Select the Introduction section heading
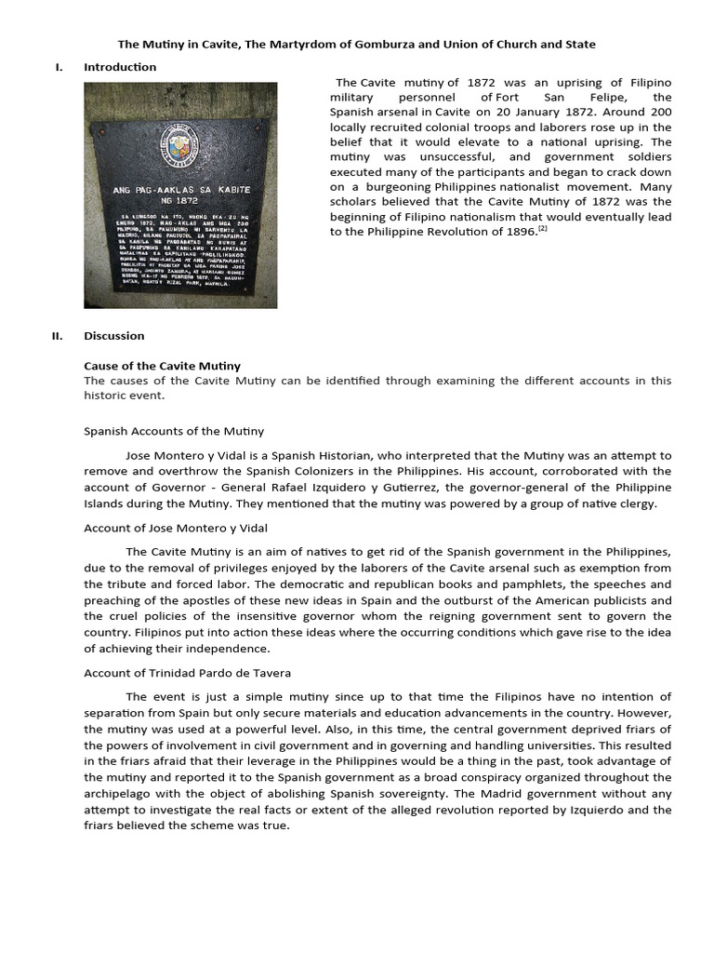(x=120, y=67)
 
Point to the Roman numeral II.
(x=57, y=336)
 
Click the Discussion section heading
(x=114, y=336)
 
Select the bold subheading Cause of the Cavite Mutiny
(x=162, y=366)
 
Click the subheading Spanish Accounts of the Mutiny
(x=174, y=431)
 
